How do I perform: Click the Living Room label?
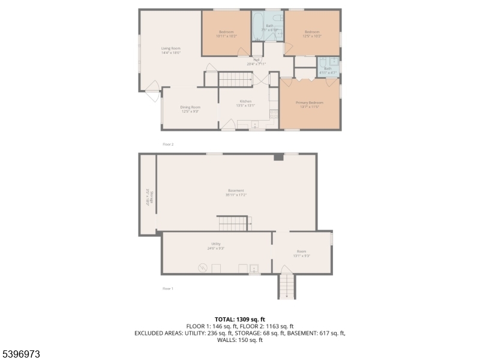(x=171, y=48)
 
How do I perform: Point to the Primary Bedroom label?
(x=310, y=103)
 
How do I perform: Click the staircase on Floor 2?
(x=235, y=79)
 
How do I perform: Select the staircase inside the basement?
(x=233, y=224)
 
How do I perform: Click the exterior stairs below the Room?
(x=287, y=286)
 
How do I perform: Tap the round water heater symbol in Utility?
(x=202, y=268)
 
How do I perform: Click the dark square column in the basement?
(x=278, y=157)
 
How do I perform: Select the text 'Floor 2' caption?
(x=168, y=145)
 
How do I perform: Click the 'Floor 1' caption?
(x=168, y=289)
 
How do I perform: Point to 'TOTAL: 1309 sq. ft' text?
(x=240, y=319)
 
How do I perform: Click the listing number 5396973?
(x=21, y=355)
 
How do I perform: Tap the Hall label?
(x=256, y=60)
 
